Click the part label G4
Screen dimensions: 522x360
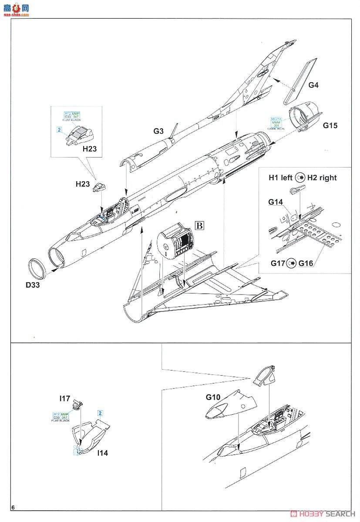[x=313, y=85]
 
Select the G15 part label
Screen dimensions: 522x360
[x=330, y=126]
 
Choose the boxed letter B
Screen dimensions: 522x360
[x=200, y=225]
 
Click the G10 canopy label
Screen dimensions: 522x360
[x=213, y=397]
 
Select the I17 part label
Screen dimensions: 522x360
[x=65, y=398]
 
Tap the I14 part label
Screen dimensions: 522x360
[x=103, y=453]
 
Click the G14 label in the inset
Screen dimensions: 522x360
[x=276, y=202]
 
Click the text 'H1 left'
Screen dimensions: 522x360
[x=281, y=177]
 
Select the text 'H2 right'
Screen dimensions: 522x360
[x=322, y=177]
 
